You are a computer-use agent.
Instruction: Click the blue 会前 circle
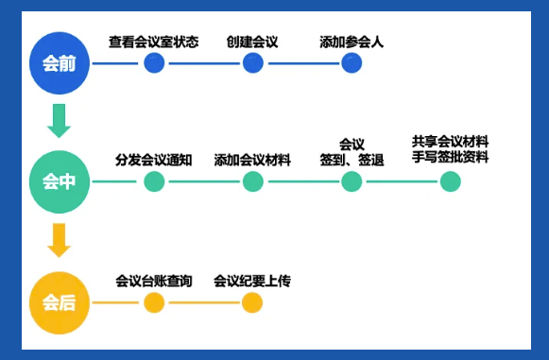59,63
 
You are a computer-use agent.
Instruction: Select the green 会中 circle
59,180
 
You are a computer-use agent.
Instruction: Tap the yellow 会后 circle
59,302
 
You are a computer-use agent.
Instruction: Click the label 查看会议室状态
153,42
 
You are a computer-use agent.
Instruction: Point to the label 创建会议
252,42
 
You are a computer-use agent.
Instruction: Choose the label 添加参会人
352,42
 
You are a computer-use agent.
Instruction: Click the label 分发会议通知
154,159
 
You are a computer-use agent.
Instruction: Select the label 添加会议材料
252,159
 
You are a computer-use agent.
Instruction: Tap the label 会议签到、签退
352,152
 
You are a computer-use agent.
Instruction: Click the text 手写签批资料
450,157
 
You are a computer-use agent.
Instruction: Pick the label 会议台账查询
154,281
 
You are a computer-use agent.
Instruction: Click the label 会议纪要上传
251,281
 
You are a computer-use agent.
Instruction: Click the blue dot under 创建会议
252,63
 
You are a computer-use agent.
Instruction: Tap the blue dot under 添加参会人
352,63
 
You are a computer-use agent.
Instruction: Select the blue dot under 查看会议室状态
154,63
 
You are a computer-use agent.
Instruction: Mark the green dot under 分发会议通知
154,181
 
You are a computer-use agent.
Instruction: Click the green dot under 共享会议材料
451,181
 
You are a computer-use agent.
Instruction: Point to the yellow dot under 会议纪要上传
251,302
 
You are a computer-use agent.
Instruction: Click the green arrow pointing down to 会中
59,120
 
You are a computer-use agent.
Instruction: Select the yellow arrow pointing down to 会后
59,240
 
